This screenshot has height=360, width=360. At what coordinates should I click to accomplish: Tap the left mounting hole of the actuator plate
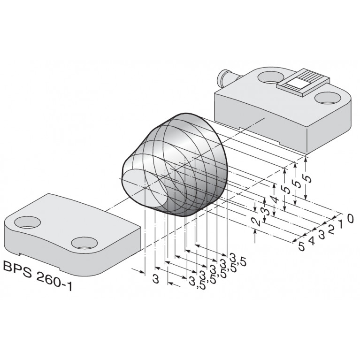(x=23, y=221)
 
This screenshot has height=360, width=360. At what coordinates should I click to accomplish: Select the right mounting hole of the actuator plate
(x=83, y=243)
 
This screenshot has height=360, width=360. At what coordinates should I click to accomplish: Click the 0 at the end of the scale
(x=350, y=218)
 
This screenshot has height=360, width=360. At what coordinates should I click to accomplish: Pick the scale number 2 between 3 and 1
(x=331, y=230)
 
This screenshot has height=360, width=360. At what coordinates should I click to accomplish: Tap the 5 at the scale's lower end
(x=301, y=246)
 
